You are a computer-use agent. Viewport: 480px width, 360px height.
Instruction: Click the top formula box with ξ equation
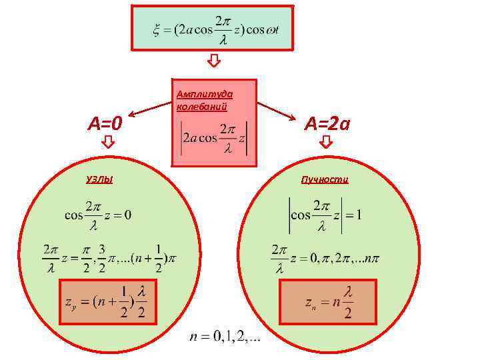[212, 29]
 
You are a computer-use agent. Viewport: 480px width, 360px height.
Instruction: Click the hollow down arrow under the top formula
[213, 62]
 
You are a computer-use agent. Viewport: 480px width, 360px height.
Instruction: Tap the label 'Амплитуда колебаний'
[201, 101]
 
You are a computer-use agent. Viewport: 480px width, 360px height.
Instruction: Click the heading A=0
[105, 123]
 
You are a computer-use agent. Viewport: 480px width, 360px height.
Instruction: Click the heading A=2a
[327, 123]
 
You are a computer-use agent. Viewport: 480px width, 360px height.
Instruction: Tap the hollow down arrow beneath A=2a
[326, 142]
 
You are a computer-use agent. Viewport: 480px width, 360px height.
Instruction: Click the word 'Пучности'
[325, 179]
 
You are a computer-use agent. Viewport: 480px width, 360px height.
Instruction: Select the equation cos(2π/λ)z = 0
[97, 215]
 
